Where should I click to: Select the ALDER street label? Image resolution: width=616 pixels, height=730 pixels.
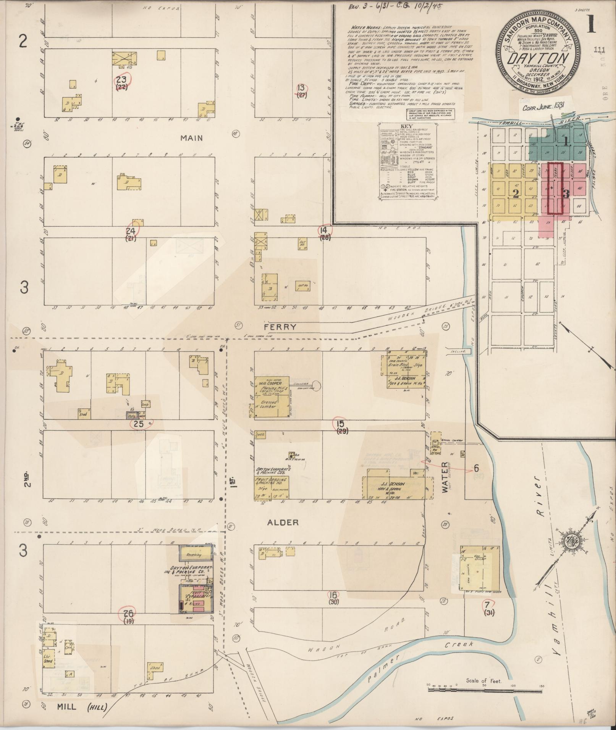283,522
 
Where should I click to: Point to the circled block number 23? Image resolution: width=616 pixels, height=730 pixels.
122,80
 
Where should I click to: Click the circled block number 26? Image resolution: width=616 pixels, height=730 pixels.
128,614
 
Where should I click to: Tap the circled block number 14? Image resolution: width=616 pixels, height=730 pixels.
324,230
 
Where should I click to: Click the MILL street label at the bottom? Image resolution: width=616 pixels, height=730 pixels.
66,707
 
